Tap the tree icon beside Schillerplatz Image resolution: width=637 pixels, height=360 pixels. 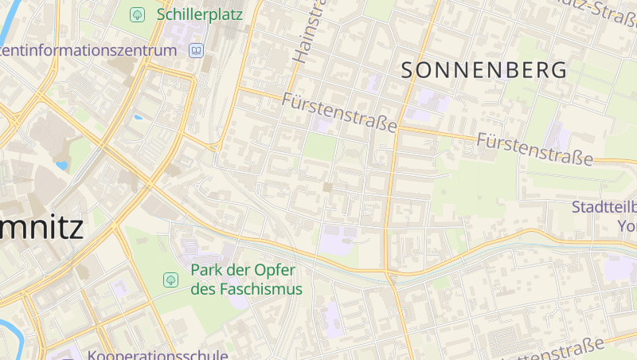[x=138, y=14]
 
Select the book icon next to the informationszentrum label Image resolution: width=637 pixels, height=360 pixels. [x=195, y=51]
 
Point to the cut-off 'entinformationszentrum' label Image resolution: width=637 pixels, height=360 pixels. [x=88, y=50]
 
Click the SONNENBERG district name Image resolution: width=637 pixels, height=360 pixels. [x=485, y=70]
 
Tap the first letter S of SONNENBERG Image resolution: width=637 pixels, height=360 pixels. [x=408, y=70]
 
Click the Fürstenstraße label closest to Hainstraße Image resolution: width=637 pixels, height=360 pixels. [x=339, y=112]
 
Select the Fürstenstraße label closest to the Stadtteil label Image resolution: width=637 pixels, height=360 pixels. [x=535, y=149]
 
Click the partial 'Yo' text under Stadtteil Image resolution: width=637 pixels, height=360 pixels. [x=627, y=225]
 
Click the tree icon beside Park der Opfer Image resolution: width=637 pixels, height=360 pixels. [x=170, y=280]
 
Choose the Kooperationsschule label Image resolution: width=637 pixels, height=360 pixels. [x=158, y=355]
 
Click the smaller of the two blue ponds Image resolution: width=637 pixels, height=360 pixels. [x=139, y=117]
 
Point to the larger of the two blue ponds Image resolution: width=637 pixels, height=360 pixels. [x=61, y=166]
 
